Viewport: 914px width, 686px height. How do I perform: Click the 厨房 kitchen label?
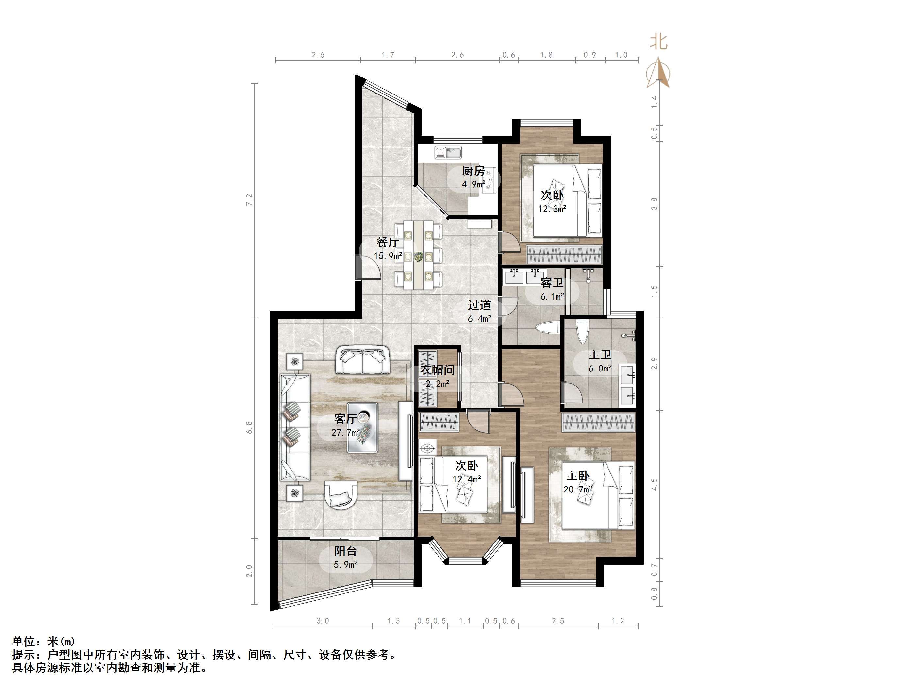[x=473, y=171]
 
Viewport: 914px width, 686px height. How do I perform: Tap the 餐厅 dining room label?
[x=388, y=242]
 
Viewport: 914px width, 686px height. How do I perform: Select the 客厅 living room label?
[x=345, y=419]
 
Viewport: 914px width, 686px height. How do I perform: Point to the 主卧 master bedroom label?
[x=578, y=476]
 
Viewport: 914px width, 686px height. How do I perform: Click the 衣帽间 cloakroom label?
[x=438, y=370]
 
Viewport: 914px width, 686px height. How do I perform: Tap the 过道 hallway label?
[x=479, y=305]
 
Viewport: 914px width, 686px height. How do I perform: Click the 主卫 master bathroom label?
[x=600, y=355]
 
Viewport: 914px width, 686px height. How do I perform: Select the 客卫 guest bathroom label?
[x=552, y=283]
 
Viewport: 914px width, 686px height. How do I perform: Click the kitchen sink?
[x=449, y=153]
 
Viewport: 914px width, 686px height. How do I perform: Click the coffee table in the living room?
[x=362, y=427]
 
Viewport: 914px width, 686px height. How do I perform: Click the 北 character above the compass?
[x=659, y=41]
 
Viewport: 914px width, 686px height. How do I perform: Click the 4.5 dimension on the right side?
[x=654, y=485]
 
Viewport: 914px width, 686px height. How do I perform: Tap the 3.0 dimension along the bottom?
[x=323, y=621]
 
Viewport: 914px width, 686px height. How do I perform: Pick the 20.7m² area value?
[x=578, y=489]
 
